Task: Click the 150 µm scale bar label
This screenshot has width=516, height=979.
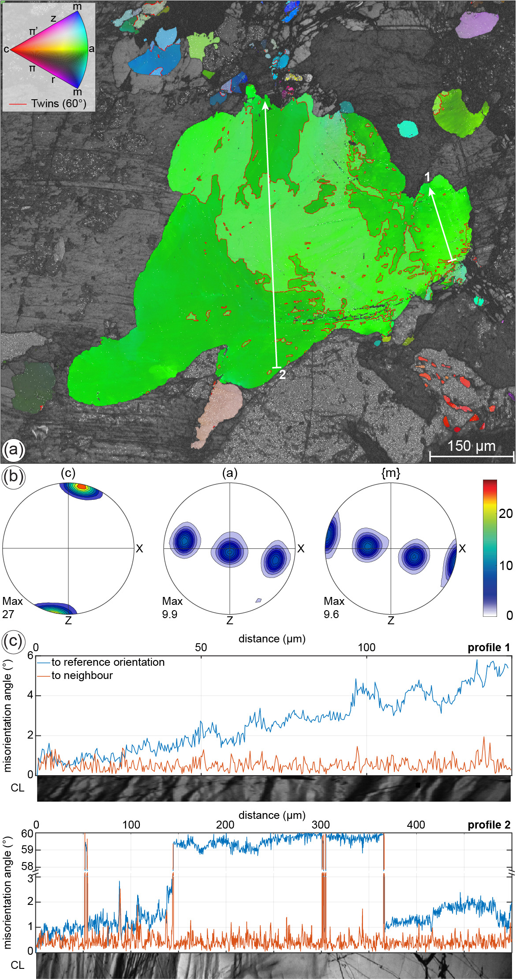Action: point(471,446)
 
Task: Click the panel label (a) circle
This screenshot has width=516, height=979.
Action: point(13,450)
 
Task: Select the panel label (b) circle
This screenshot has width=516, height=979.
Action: point(13,477)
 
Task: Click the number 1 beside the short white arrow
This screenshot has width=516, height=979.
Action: point(427,177)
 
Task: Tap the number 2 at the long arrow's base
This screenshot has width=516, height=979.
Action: point(282,375)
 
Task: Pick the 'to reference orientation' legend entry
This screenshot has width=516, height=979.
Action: point(108,662)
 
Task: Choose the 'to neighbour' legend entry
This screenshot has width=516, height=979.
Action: point(82,675)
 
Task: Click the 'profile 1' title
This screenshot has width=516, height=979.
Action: point(489,648)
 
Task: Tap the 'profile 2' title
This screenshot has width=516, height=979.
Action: point(489,825)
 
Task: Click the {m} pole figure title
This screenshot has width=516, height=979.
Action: point(391,473)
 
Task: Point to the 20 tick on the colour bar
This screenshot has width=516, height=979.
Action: point(506,514)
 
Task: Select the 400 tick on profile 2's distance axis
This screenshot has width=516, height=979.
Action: point(415,825)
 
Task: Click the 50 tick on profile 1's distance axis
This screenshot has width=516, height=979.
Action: point(201,647)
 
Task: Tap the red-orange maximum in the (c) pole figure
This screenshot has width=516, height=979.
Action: point(81,487)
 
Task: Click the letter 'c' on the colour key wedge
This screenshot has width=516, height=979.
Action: point(6,49)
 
